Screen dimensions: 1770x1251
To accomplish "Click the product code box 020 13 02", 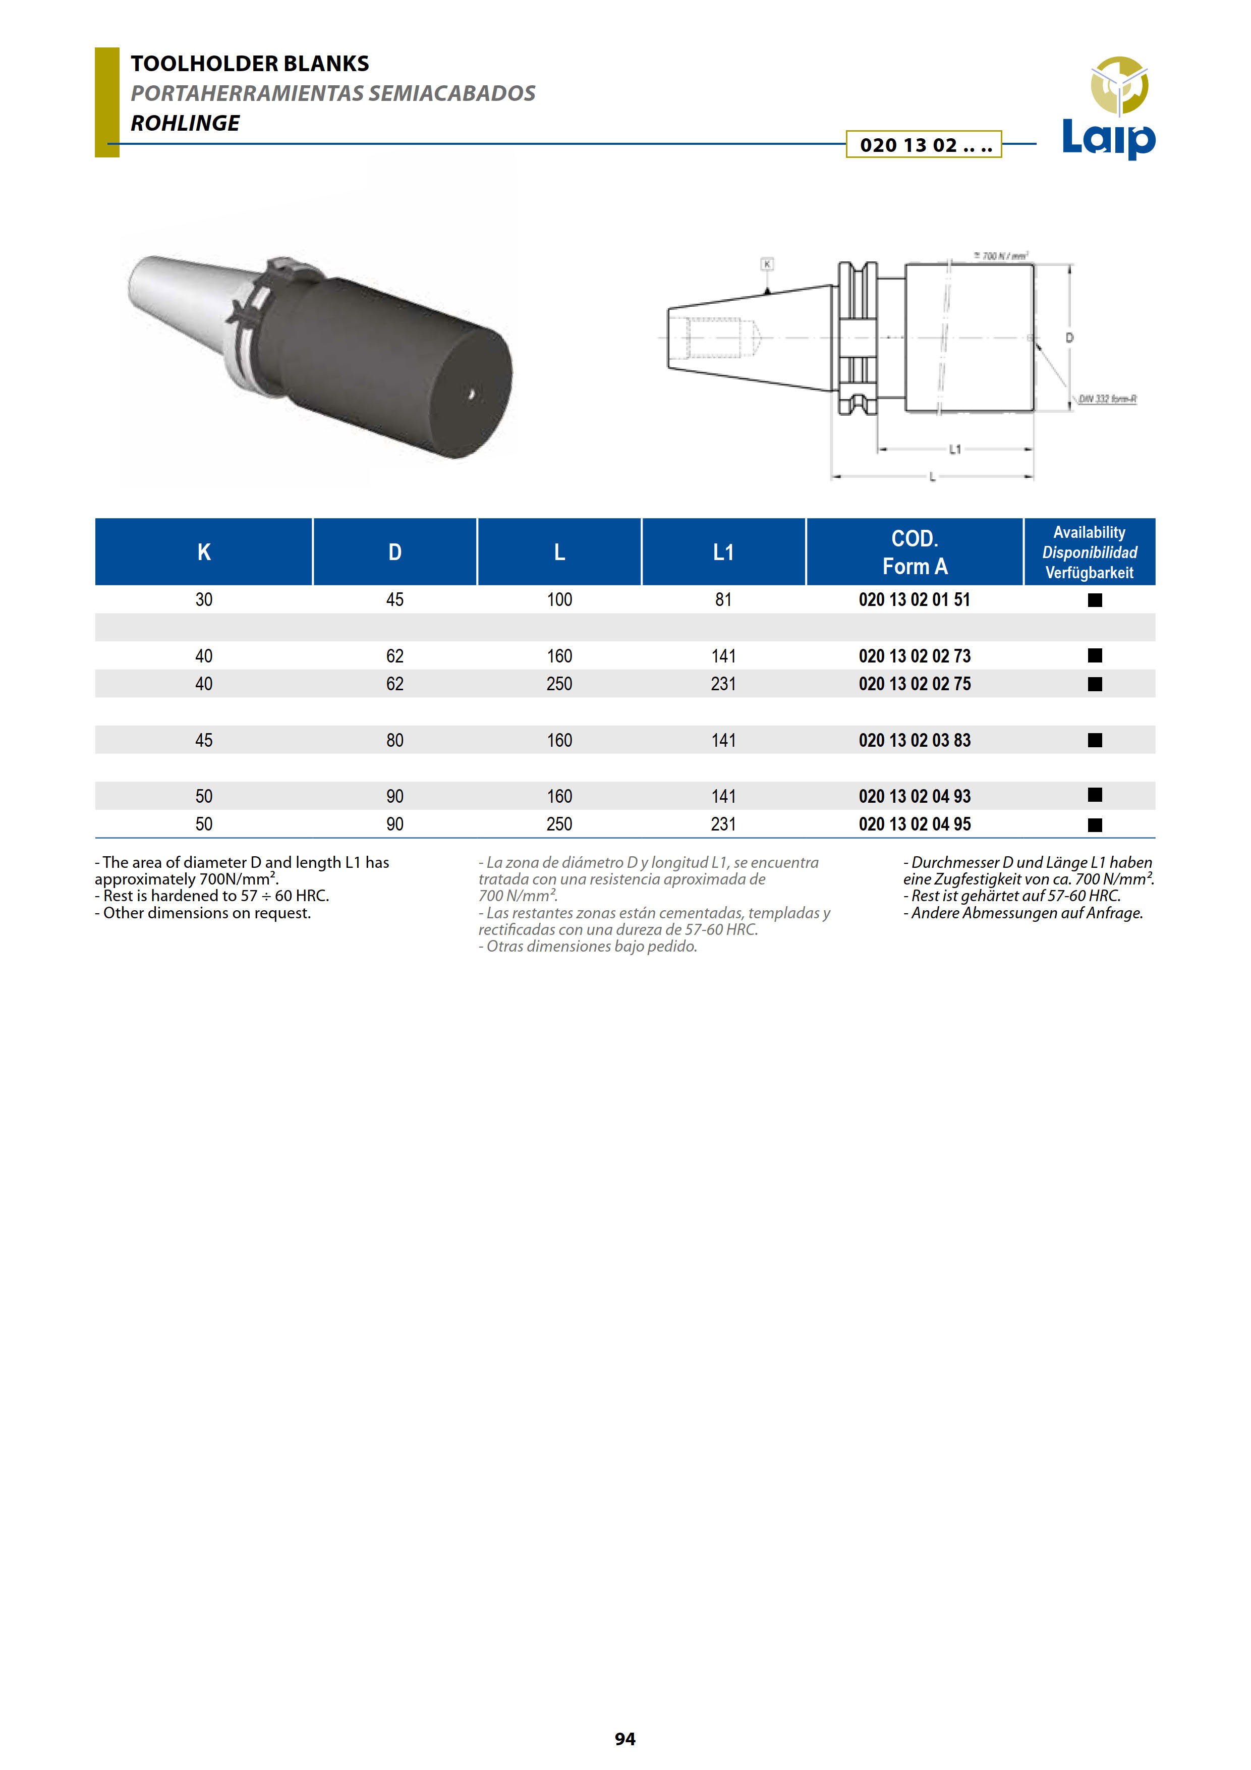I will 924,145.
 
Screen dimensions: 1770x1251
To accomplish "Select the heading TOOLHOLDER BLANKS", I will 250,63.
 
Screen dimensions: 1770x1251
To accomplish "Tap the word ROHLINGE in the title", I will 185,123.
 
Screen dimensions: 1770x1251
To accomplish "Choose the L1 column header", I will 723,552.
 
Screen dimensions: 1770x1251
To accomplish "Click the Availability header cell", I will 1089,552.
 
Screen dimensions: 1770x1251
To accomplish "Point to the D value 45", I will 394,600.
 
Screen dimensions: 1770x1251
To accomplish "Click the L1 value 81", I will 723,600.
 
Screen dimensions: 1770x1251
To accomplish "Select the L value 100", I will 559,600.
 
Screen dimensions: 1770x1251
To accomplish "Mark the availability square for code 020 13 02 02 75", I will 1095,684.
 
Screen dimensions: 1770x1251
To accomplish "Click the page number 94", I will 625,1738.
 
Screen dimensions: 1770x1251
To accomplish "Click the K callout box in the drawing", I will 767,264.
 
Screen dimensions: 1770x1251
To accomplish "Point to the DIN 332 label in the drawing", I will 1107,399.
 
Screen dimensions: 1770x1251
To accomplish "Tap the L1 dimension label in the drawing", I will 955,449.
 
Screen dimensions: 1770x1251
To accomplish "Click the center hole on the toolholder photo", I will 472,395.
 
